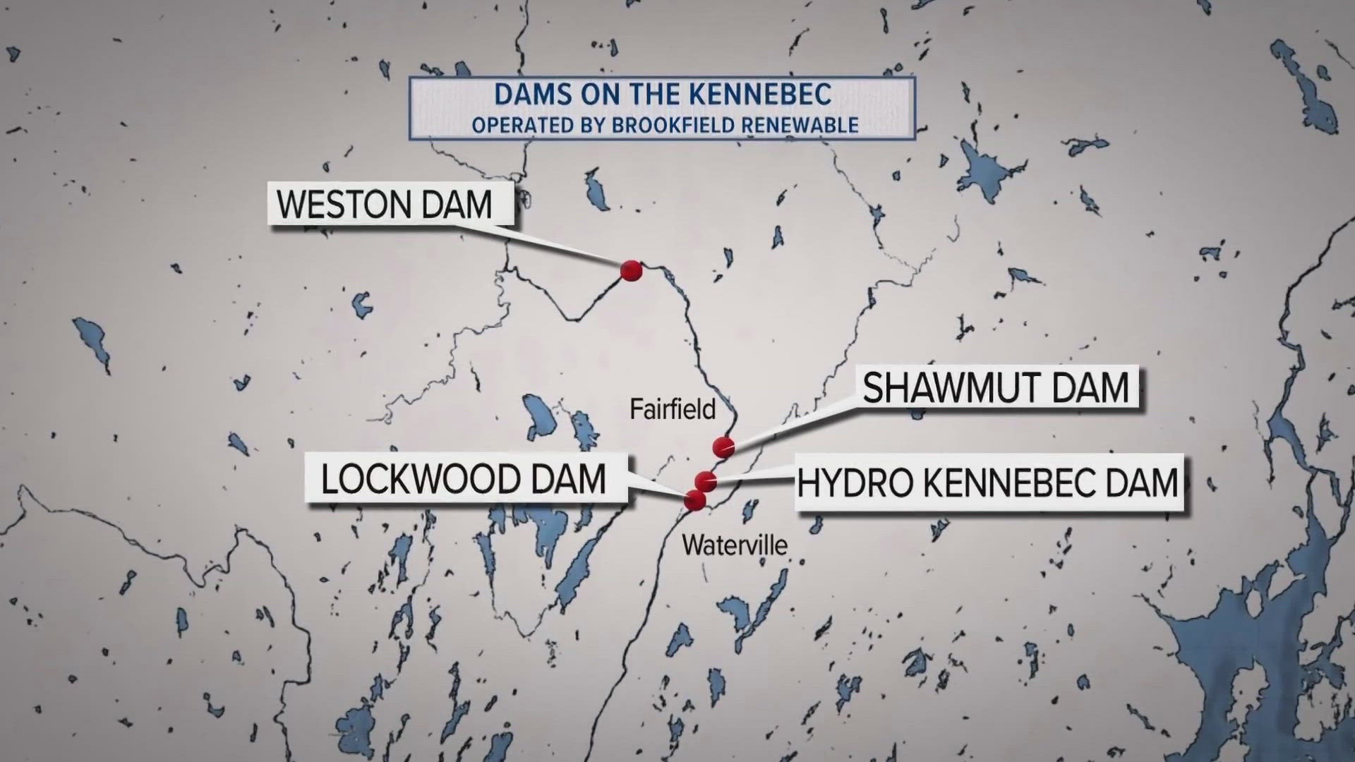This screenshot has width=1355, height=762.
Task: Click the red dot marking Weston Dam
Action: [x=631, y=270]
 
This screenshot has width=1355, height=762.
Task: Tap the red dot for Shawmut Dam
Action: [x=724, y=447]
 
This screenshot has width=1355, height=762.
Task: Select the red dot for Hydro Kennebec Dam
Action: [x=706, y=481]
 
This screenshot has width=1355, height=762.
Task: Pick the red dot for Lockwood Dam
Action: [x=695, y=500]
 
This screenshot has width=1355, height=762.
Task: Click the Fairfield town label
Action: [x=673, y=409]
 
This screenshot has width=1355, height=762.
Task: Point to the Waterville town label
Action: [x=735, y=545]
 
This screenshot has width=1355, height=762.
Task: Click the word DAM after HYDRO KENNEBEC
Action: [x=1143, y=483]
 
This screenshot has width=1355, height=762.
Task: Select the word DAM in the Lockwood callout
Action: [x=570, y=480]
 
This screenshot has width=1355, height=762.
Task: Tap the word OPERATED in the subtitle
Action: [x=522, y=126]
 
